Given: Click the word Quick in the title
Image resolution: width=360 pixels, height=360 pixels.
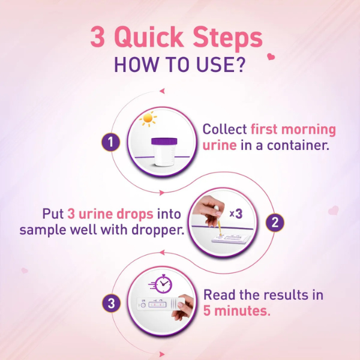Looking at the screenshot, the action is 149,37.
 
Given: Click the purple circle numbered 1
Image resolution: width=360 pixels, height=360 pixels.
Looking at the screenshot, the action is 110,142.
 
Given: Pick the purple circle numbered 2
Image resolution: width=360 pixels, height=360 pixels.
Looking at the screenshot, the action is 275,223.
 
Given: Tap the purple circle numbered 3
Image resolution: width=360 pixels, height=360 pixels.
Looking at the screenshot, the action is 111,303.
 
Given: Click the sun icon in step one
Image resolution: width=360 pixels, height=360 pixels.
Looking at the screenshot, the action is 148,119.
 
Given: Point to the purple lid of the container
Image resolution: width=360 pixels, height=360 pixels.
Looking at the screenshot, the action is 164,141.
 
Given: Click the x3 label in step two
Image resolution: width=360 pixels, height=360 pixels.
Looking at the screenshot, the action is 236,214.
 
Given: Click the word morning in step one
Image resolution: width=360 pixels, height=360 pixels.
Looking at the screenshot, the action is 308,130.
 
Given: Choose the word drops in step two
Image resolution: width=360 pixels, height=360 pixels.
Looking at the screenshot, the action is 135,214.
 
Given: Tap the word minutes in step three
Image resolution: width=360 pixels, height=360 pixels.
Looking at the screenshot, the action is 242,311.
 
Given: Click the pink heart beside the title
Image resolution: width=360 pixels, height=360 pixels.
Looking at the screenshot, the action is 271,56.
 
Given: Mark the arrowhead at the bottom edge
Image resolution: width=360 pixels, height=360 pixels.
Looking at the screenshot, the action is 162,354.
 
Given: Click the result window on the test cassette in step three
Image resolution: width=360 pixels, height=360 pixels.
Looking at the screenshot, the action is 157,305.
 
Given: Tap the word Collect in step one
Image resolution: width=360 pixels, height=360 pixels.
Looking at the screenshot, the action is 224,129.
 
